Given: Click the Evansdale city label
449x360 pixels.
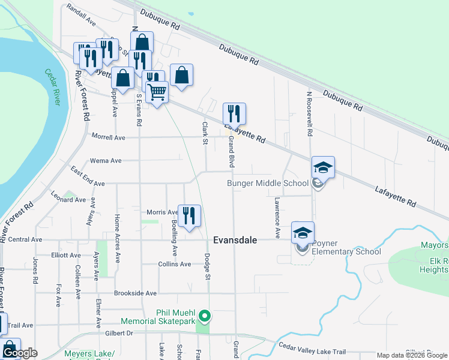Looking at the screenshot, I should tap(235, 240).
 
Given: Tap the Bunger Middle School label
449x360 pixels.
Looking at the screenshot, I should tap(267, 183).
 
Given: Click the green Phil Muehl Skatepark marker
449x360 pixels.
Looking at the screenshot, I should tap(205, 314).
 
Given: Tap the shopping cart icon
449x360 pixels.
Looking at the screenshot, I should tap(157, 93).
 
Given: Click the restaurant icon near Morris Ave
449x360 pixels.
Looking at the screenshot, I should tap(190, 216).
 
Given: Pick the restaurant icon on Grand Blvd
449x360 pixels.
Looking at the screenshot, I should tap(234, 113).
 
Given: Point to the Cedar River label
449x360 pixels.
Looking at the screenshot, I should tap(53, 88).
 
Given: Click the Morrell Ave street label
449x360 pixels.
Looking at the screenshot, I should tap(108, 137).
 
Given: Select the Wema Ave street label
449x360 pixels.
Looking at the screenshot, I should tap(105, 161).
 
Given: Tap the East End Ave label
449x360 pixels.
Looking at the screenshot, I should tap(87, 180).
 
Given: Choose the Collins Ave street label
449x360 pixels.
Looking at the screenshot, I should tap(175, 264).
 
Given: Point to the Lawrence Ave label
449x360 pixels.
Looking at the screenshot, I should tap(278, 217).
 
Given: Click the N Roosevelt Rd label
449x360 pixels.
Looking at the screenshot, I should tap(310, 113).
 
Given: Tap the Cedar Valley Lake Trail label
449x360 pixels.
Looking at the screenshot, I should tap(313, 347).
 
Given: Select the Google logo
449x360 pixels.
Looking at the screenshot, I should tap(20, 353).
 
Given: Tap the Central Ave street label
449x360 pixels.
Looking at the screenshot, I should tap(25, 239).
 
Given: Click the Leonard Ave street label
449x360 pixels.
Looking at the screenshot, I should tap(68, 199).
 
